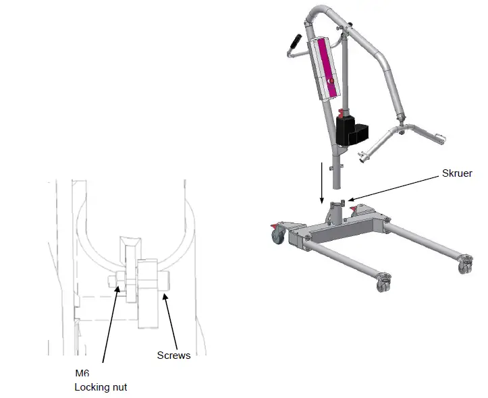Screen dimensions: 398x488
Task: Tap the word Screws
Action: pyautogui.click(x=173, y=356)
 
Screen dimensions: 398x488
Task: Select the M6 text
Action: pyautogui.click(x=82, y=374)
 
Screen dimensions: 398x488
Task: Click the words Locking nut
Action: pyautogui.click(x=101, y=387)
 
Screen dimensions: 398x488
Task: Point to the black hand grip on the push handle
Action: pyautogui.click(x=294, y=42)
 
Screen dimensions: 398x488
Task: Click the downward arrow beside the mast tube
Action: pyautogui.click(x=322, y=183)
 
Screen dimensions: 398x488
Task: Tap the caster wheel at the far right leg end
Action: pyautogui.click(x=465, y=265)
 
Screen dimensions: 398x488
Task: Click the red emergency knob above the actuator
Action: pyautogui.click(x=342, y=111)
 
